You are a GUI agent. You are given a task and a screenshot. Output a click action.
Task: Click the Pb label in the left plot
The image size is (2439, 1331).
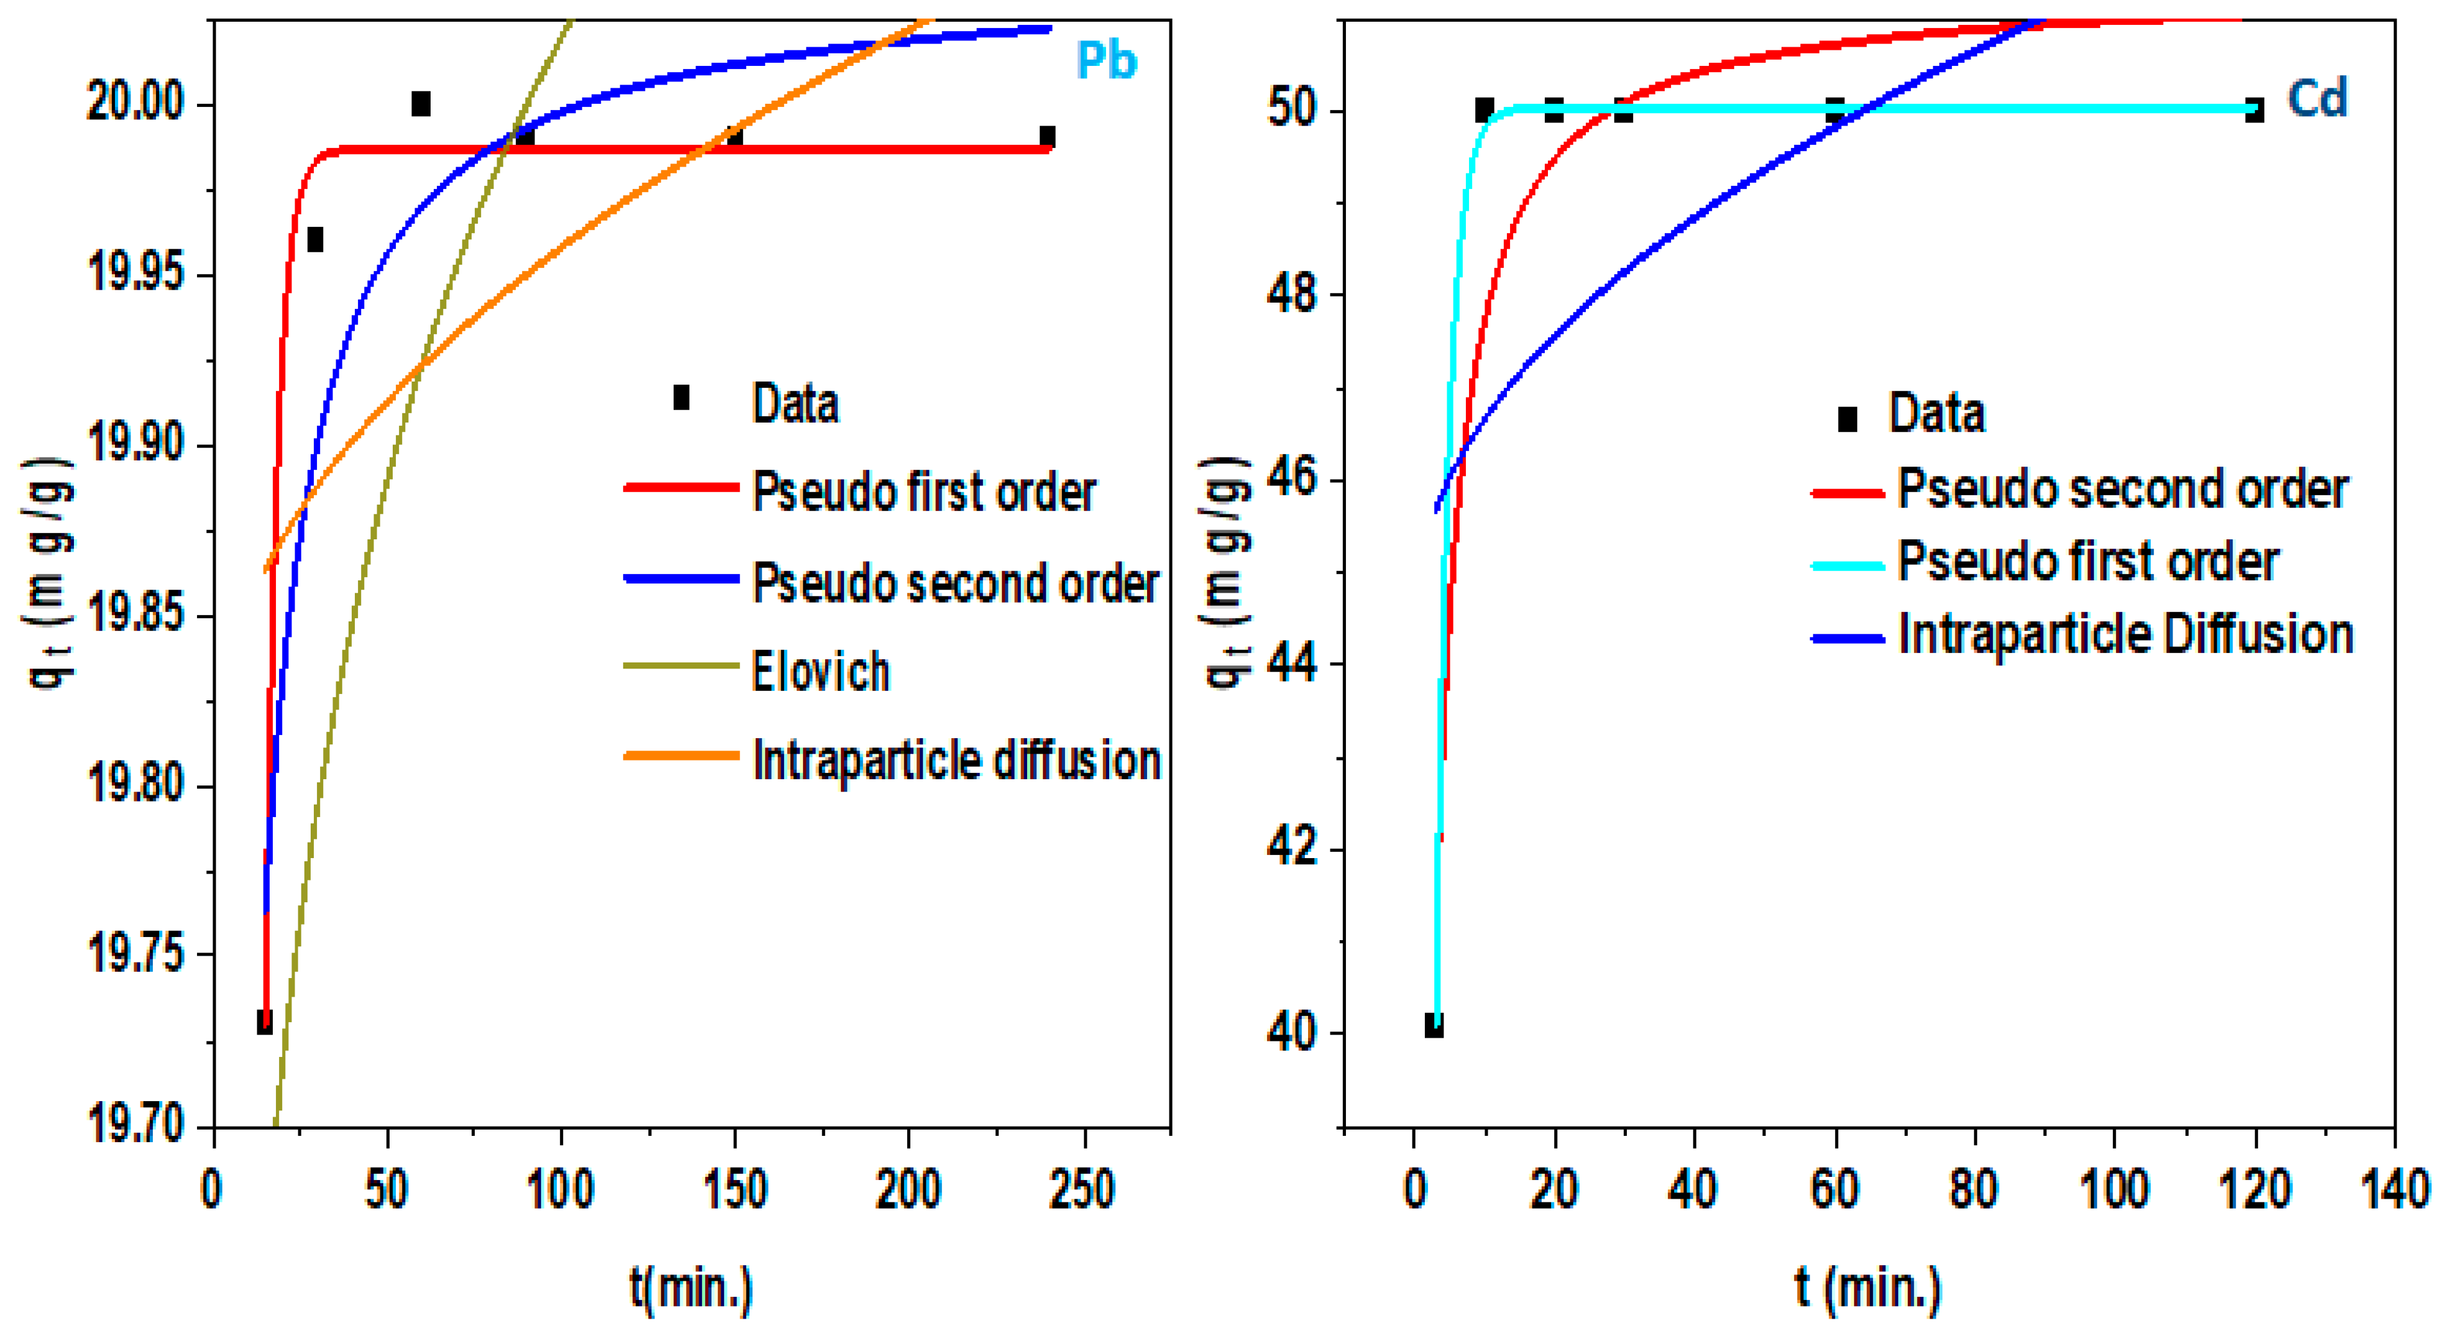coord(1106,61)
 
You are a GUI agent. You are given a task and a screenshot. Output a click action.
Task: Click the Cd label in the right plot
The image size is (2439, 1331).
coord(2317,98)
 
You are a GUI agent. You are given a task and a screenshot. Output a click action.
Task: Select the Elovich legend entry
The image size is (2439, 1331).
coord(820,671)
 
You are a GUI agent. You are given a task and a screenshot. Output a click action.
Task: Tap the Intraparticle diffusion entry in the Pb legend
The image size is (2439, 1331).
coord(955,760)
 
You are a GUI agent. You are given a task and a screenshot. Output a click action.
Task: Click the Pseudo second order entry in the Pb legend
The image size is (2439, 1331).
coord(954,582)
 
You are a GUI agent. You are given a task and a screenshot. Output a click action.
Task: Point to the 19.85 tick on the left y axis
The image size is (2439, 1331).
coord(136,615)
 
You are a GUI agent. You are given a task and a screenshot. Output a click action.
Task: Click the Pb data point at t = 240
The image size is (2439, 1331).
coord(1047,136)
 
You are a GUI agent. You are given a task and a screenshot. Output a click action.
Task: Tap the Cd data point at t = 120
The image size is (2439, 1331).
coord(2254,111)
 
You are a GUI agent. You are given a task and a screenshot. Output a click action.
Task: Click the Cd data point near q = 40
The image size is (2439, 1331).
coord(1434,1025)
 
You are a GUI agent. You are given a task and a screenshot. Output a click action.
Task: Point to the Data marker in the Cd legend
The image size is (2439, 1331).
coord(1846,418)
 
